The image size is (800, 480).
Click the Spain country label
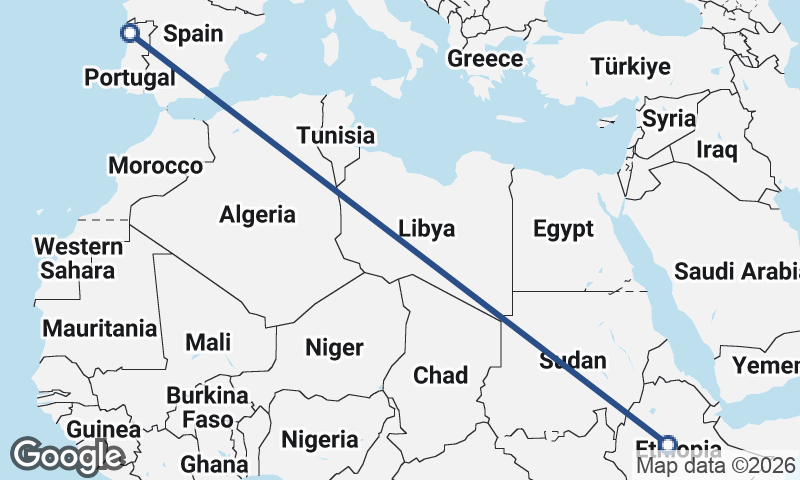193,34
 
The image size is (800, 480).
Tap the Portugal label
127,78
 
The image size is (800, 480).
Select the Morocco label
156,166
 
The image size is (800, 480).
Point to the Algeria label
258,214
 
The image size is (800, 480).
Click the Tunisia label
336,136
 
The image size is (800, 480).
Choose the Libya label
426,229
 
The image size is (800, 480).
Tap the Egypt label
563,229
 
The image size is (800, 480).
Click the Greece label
485,59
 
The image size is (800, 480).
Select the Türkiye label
630,67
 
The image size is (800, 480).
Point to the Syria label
669,119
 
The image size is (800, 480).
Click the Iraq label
717,151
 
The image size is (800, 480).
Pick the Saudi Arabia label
736,271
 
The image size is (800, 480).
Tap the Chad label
441,376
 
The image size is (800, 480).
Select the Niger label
334,348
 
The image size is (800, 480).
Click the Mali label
208,342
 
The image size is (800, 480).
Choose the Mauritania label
100,328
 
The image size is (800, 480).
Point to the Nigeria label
320,439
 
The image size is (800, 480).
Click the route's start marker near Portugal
129,33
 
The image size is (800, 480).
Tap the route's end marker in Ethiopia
668,443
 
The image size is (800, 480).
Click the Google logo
67,456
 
